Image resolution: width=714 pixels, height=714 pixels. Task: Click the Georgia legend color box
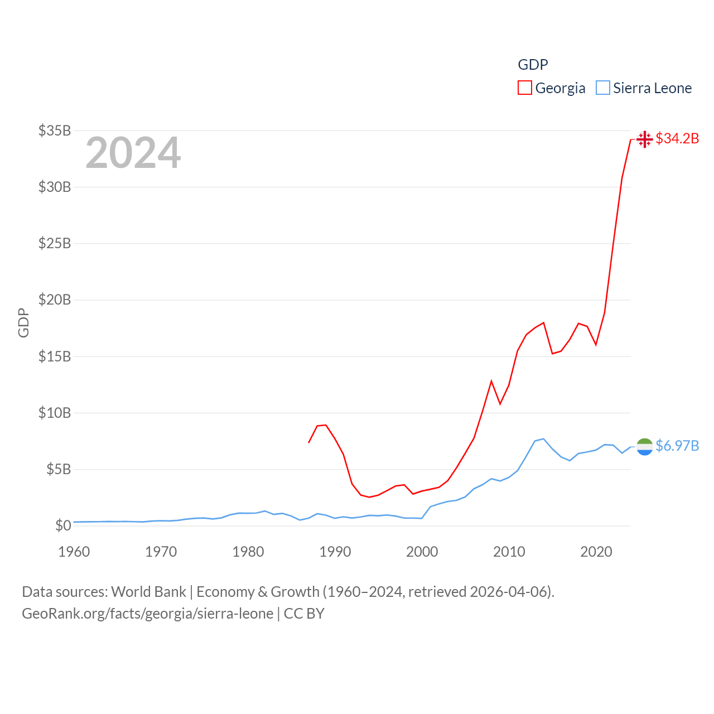pyautogui.click(x=524, y=88)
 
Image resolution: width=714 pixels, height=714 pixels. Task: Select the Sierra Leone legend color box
pyautogui.click(x=603, y=88)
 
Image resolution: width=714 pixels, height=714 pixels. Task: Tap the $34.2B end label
pyautogui.click(x=677, y=138)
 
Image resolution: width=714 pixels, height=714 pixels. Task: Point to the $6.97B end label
pyautogui.click(x=677, y=446)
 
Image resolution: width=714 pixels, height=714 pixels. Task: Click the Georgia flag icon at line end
pyautogui.click(x=644, y=139)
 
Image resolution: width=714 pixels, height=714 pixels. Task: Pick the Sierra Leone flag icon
pyautogui.click(x=644, y=446)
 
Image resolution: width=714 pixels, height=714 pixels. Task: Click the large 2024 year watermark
pyautogui.click(x=133, y=153)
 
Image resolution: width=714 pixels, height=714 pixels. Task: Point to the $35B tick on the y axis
pyautogui.click(x=55, y=131)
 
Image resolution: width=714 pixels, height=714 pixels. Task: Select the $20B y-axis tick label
pyautogui.click(x=55, y=300)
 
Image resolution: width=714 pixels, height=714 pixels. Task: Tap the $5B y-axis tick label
pyautogui.click(x=58, y=469)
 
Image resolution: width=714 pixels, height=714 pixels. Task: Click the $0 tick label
pyautogui.click(x=63, y=525)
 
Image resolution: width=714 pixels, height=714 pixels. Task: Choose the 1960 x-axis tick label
pyautogui.click(x=74, y=552)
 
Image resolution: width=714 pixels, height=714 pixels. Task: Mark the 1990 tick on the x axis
pyautogui.click(x=335, y=552)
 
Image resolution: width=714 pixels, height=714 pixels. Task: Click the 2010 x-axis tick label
pyautogui.click(x=509, y=552)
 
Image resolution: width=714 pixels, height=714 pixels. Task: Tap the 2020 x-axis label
pyautogui.click(x=596, y=552)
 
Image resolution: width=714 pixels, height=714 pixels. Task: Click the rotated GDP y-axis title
pyautogui.click(x=23, y=322)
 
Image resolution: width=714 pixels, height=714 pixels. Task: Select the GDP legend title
pyautogui.click(x=533, y=65)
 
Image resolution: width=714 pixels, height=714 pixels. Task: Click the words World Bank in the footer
pyautogui.click(x=148, y=591)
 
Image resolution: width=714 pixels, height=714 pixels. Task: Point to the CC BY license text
pyautogui.click(x=304, y=614)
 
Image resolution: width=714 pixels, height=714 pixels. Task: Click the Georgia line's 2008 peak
pyautogui.click(x=491, y=382)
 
